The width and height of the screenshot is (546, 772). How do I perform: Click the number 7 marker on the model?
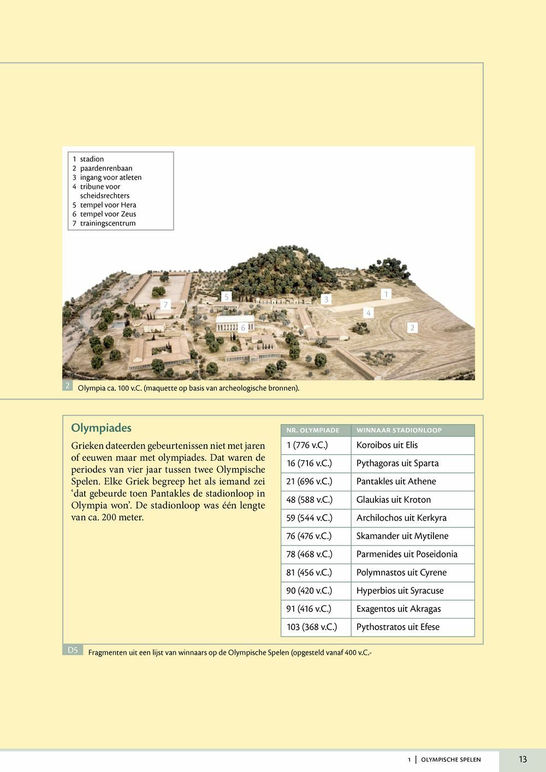(165, 305)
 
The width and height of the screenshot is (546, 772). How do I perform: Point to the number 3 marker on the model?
(327, 299)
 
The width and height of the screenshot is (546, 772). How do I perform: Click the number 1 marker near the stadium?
(386, 294)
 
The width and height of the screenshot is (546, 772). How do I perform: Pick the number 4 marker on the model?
(369, 313)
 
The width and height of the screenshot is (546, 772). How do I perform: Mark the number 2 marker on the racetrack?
(412, 328)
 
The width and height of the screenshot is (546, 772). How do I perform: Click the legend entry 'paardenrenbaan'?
(106, 168)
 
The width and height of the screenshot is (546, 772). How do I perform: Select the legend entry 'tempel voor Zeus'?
(108, 214)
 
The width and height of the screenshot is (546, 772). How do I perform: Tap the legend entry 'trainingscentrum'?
(108, 223)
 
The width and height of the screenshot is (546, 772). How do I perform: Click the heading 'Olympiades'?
(102, 428)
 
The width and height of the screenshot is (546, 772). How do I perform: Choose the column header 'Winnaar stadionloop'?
(399, 430)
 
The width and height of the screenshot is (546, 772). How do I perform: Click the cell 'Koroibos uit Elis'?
(387, 445)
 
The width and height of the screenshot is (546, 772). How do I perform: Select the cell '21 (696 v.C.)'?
(309, 482)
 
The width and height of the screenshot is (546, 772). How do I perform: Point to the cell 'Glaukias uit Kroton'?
(394, 500)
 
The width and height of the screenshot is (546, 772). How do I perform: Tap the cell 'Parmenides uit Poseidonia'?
(407, 554)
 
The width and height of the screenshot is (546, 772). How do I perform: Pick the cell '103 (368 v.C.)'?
(312, 627)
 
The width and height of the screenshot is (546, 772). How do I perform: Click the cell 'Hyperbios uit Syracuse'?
(400, 591)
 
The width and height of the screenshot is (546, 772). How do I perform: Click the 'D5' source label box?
(73, 650)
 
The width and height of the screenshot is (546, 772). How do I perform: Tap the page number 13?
(523, 759)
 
